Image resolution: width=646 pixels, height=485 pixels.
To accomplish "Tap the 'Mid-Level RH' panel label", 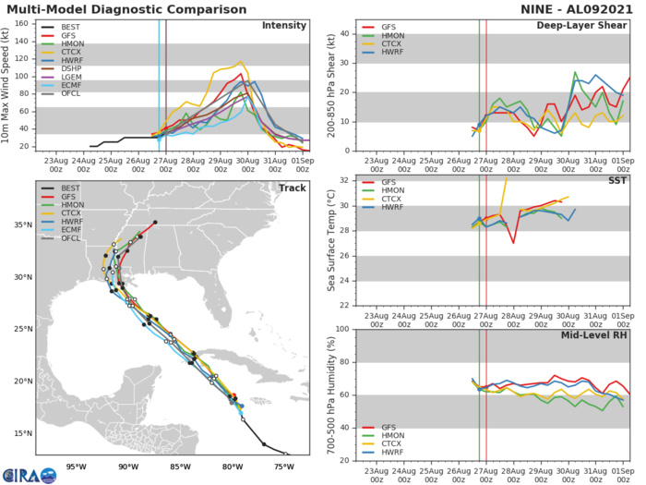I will pyautogui.click(x=597, y=335).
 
